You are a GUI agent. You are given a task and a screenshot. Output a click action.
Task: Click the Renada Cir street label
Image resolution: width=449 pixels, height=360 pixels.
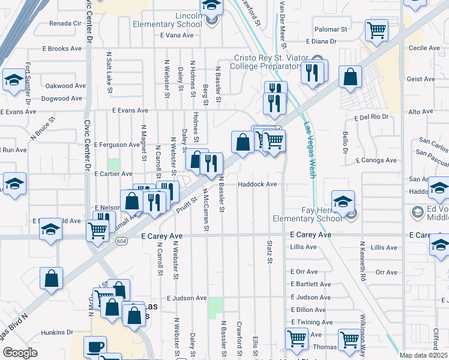pyautogui.click(x=65, y=23)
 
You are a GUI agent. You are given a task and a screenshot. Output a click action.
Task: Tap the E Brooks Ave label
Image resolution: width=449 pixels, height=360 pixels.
pyautogui.click(x=62, y=47)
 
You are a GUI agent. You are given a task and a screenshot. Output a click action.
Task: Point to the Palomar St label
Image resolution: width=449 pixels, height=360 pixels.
pyautogui.click(x=331, y=29)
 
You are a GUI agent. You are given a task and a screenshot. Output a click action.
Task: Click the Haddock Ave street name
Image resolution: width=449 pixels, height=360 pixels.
pyautogui.click(x=258, y=184)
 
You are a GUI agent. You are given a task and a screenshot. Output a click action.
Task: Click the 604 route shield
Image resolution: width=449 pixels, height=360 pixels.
pyautogui.click(x=122, y=241)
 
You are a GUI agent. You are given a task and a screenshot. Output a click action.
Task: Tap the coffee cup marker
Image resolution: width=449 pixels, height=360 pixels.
pyautogui.click(x=95, y=346)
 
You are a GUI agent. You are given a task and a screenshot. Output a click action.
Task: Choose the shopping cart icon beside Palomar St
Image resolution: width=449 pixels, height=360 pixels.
pyautogui.click(x=376, y=29)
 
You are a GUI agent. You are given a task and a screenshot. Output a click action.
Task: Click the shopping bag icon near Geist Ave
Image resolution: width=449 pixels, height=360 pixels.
pyautogui.click(x=350, y=77)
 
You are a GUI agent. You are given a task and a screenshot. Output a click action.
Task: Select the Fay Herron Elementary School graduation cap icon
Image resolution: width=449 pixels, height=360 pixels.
pyautogui.click(x=343, y=201)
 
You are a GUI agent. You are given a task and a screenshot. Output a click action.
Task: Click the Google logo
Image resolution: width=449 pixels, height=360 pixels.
pyautogui.click(x=20, y=353)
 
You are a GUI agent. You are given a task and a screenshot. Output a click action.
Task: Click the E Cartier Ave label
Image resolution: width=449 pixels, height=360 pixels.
pyautogui.click(x=113, y=173)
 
